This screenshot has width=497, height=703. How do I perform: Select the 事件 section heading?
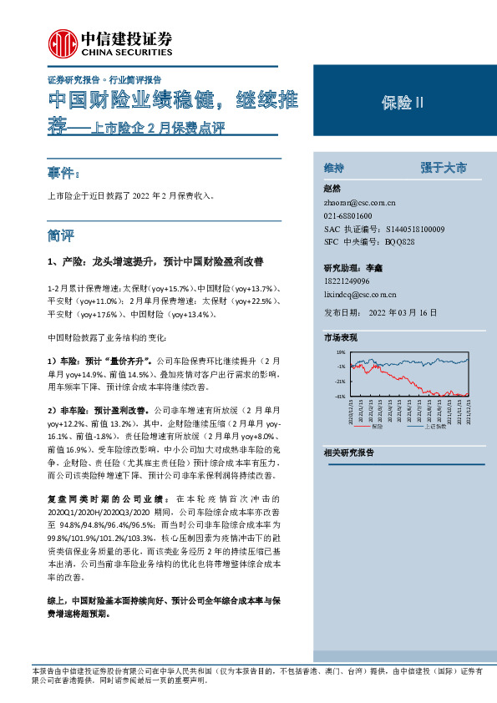63,174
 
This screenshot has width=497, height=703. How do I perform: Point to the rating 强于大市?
444,168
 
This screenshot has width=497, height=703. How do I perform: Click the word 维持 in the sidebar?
335,168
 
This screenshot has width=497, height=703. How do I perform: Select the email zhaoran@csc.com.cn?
359,203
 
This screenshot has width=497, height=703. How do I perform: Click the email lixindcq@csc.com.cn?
361,294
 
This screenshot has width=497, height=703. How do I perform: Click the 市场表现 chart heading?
341,338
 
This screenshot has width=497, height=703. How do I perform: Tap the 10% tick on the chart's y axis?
340,353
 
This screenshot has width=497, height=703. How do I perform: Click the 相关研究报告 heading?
349,453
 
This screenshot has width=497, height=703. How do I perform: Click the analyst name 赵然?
332,189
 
